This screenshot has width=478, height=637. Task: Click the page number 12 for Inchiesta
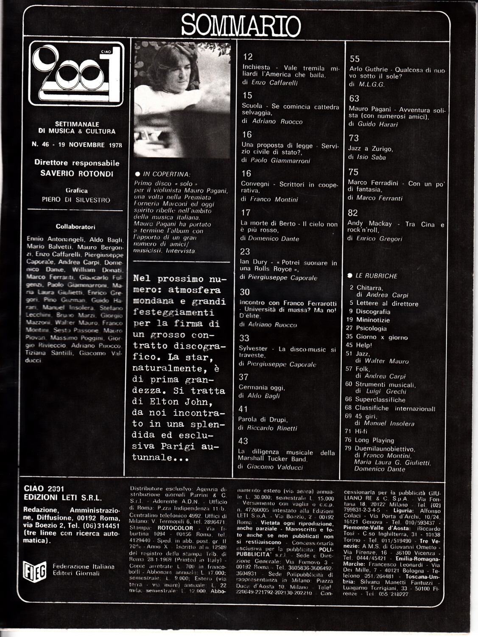(x=248, y=57)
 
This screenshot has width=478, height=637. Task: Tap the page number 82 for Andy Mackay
(x=353, y=213)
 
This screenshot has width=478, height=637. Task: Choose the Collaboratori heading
(x=75, y=227)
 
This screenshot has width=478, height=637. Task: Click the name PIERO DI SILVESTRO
(x=76, y=200)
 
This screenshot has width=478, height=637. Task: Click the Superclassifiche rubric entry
(x=380, y=400)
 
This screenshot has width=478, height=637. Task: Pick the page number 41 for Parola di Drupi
(x=243, y=409)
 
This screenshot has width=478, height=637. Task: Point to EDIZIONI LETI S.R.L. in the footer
(x=63, y=498)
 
